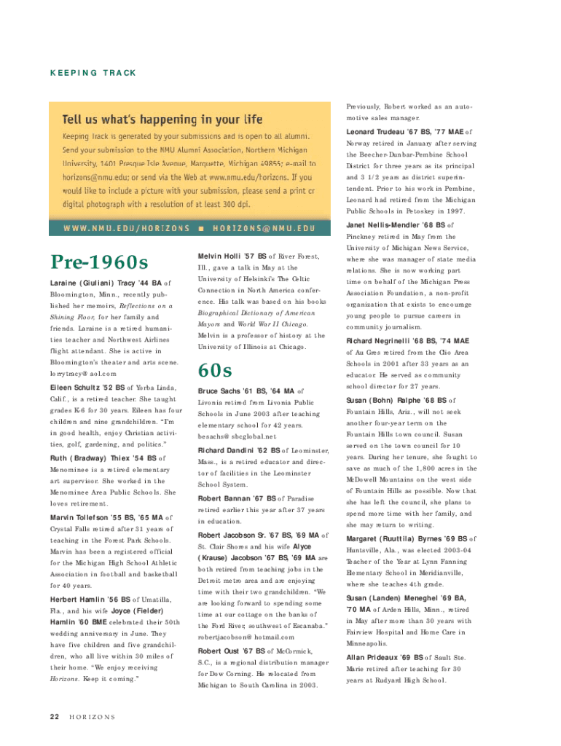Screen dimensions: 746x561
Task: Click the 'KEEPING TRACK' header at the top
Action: (x=93, y=74)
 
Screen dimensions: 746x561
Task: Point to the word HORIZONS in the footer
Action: (x=92, y=717)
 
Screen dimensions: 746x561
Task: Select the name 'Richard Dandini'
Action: (x=231, y=449)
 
